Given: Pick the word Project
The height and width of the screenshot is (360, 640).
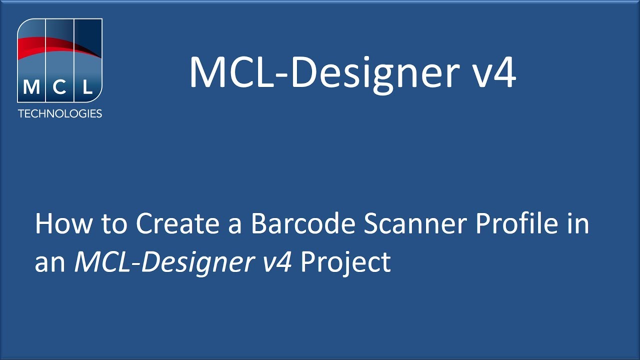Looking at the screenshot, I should tap(345, 262).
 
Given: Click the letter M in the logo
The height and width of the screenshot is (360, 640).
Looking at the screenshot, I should tap(31, 88).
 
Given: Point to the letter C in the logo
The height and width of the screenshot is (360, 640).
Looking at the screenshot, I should tap(59, 88).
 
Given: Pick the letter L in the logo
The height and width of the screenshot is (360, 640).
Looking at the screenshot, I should tap(87, 88).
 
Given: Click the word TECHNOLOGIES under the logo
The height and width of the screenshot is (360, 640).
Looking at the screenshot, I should tap(60, 113).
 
